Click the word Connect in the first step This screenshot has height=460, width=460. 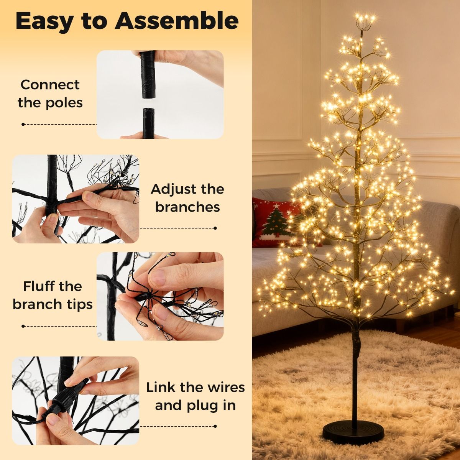click(50, 85)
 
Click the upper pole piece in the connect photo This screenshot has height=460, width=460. click(148, 75)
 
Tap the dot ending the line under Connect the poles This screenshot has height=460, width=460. click(23, 125)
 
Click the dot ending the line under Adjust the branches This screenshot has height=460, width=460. click(215, 228)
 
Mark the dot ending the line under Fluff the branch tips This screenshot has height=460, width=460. click(23, 326)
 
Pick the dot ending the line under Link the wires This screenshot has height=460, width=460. click(215, 426)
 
